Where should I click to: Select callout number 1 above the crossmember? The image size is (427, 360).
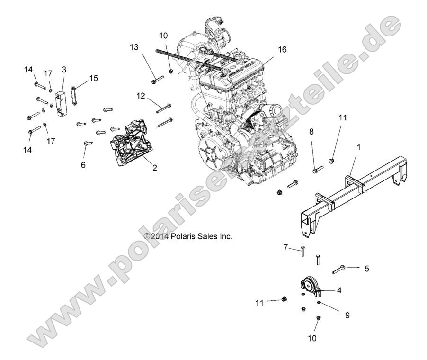point(358,147)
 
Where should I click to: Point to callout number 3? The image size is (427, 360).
point(63,69)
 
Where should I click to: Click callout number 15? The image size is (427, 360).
point(94,78)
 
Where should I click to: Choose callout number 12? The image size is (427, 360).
point(141,96)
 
